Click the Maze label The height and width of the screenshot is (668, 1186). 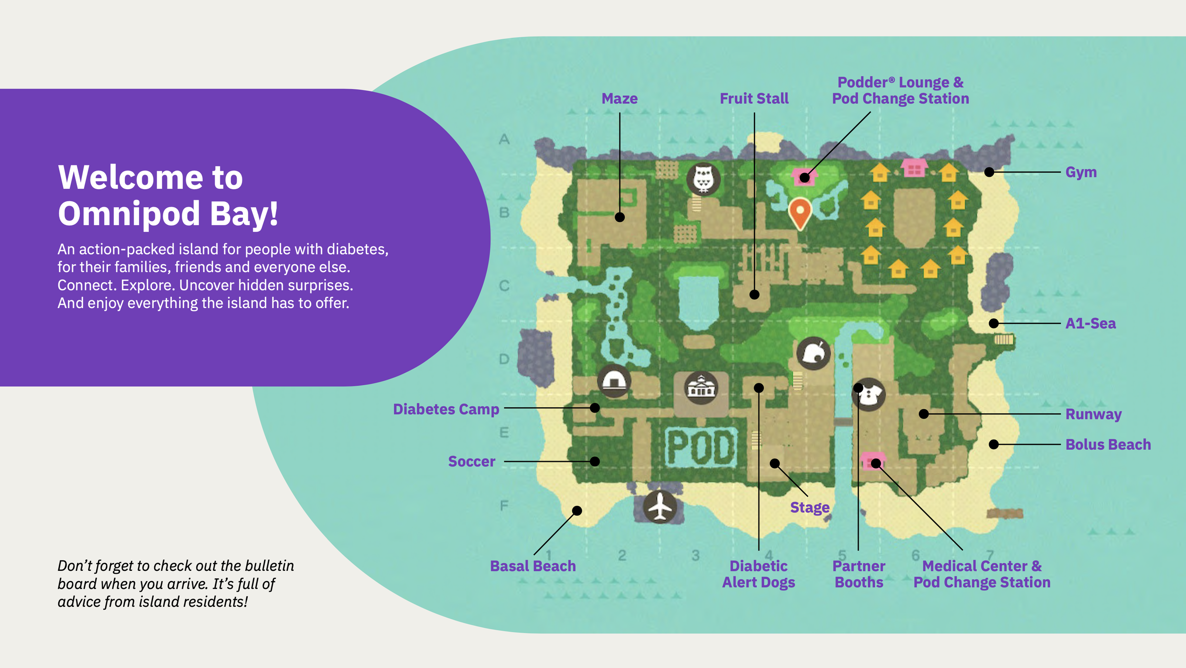point(620,99)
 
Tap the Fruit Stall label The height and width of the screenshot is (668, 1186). point(754,99)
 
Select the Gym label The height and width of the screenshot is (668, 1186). point(1081,172)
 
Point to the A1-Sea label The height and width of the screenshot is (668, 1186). point(1090,323)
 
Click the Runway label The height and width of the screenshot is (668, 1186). point(1093,414)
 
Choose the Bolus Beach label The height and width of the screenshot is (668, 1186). point(1108,445)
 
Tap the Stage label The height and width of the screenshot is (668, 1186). point(809,508)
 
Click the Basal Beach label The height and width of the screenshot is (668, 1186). point(533,566)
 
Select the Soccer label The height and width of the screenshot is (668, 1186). point(472,461)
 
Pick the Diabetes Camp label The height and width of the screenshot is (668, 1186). point(446,409)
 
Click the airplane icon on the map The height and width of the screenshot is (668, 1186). point(660,506)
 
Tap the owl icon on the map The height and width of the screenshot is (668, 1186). point(703,179)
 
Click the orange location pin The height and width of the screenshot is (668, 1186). point(800,212)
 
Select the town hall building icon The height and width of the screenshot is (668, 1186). point(701,387)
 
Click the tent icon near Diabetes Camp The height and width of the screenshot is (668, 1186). point(614,381)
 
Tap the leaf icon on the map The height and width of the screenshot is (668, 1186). point(813,353)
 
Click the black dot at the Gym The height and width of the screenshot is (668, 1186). point(989,172)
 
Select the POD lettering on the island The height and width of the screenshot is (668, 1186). point(701,447)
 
